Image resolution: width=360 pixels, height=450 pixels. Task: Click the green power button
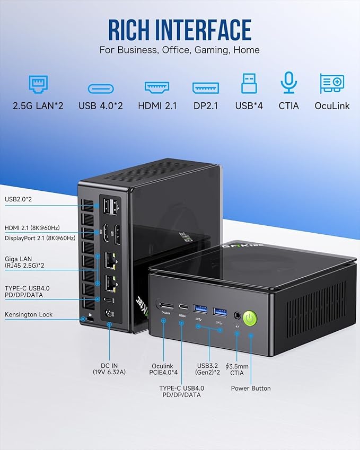pyautogui.click(x=250, y=318)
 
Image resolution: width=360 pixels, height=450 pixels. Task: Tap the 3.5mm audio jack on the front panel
pyautogui.click(x=237, y=315)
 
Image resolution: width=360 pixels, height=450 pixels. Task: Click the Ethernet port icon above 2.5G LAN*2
pyautogui.click(x=38, y=84)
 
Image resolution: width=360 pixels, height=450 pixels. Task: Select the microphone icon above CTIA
pyautogui.click(x=288, y=82)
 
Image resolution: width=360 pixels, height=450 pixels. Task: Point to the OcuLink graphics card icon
pyautogui.click(x=332, y=84)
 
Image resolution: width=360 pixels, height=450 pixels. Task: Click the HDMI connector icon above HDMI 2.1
pyautogui.click(x=157, y=87)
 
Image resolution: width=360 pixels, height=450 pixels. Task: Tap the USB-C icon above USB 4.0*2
pyautogui.click(x=101, y=89)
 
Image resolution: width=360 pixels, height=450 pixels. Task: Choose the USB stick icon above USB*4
pyautogui.click(x=249, y=83)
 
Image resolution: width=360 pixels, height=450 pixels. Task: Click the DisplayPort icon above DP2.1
pyautogui.click(x=206, y=88)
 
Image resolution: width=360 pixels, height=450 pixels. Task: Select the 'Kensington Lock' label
pyautogui.click(x=29, y=314)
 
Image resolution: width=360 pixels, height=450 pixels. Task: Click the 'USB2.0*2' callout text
pyautogui.click(x=18, y=199)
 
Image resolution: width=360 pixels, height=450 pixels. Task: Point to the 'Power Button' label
pyautogui.click(x=251, y=389)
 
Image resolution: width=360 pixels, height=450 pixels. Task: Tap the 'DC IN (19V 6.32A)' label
pyautogui.click(x=109, y=369)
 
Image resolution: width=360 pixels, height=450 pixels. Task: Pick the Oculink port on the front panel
pyautogui.click(x=166, y=306)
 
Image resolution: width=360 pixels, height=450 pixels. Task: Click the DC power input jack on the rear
pyautogui.click(x=109, y=313)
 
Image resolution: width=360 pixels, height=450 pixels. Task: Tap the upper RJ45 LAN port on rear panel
pyautogui.click(x=110, y=261)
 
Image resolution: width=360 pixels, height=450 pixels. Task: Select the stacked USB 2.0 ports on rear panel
pyautogui.click(x=110, y=206)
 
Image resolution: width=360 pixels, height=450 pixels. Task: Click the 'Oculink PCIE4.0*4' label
pyautogui.click(x=163, y=369)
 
